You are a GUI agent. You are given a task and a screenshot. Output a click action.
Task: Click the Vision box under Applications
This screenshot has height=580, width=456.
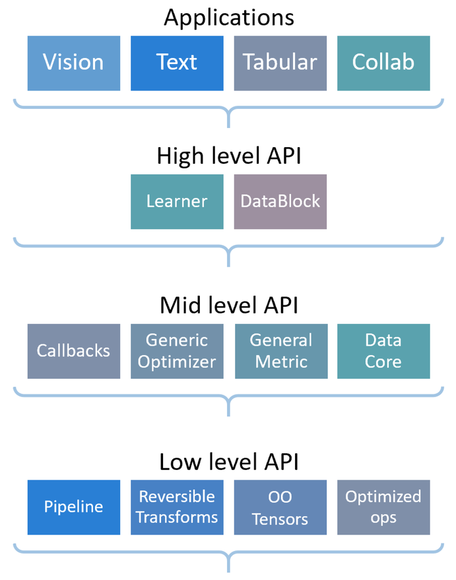(74, 63)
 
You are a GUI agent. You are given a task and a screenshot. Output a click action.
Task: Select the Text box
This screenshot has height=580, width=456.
(177, 63)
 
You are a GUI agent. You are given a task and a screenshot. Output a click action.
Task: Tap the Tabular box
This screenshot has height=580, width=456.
(280, 63)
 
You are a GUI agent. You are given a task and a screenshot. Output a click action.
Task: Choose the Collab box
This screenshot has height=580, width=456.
(383, 63)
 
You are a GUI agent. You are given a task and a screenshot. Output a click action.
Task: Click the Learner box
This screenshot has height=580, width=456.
(177, 201)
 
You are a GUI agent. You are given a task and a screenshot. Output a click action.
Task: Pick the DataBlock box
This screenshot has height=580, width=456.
(280, 201)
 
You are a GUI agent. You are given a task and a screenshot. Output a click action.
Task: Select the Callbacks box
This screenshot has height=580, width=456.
(74, 351)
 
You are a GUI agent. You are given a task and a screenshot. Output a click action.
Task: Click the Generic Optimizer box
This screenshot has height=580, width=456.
(177, 351)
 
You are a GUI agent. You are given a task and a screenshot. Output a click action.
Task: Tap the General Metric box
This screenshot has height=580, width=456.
(280, 351)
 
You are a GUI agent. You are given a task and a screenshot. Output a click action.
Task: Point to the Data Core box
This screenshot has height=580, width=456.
(383, 351)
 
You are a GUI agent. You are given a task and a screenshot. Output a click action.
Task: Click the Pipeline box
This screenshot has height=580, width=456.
(74, 507)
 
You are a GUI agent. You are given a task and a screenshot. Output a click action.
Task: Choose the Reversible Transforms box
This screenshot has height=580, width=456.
(177, 507)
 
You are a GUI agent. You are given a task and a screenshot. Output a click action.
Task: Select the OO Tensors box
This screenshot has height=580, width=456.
(280, 507)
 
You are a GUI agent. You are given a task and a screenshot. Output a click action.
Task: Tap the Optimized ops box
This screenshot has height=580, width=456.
(383, 507)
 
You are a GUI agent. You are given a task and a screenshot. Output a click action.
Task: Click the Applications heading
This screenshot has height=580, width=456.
(229, 18)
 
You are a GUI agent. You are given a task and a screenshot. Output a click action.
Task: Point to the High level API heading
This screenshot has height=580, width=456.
(229, 157)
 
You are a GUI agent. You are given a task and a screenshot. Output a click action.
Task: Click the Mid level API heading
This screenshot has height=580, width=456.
(229, 306)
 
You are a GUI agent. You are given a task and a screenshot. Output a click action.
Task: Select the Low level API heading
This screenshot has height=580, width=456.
(229, 462)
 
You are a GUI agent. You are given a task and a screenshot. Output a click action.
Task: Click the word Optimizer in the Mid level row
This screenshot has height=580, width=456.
(177, 362)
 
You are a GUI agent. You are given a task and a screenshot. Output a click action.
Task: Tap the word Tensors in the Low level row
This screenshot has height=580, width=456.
(280, 519)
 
